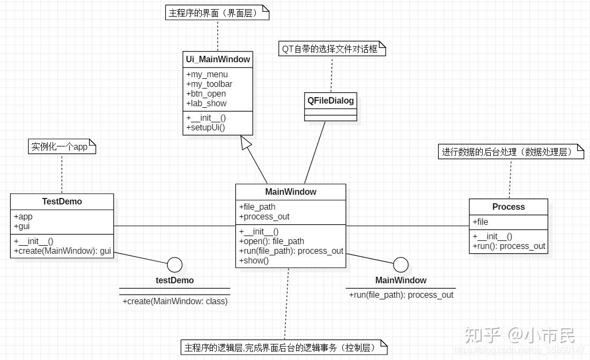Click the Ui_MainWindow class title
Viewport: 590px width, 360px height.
point(218,60)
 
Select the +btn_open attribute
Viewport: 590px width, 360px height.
point(206,94)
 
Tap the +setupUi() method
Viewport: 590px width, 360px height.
point(205,128)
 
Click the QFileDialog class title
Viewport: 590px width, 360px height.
point(330,100)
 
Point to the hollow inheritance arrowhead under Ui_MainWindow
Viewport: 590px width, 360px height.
point(246,143)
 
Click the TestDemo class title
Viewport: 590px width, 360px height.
point(62,202)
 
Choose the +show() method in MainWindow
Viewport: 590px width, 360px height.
point(254,261)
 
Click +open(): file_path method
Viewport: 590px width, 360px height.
point(272,241)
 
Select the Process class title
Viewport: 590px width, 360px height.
point(508,207)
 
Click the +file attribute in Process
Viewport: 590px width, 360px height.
point(481,222)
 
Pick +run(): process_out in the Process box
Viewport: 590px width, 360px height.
point(509,246)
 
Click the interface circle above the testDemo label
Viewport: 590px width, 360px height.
point(175,265)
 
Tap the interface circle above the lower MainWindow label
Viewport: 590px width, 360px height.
point(401,265)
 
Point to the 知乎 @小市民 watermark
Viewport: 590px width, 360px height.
point(519,335)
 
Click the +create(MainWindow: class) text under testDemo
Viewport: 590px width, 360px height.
point(175,302)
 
